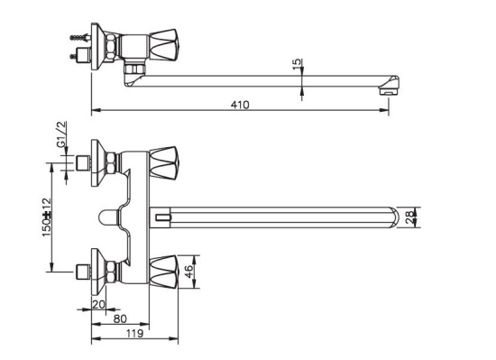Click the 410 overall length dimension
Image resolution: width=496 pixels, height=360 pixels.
coord(240,106)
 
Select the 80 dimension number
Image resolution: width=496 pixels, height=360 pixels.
coord(120,318)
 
